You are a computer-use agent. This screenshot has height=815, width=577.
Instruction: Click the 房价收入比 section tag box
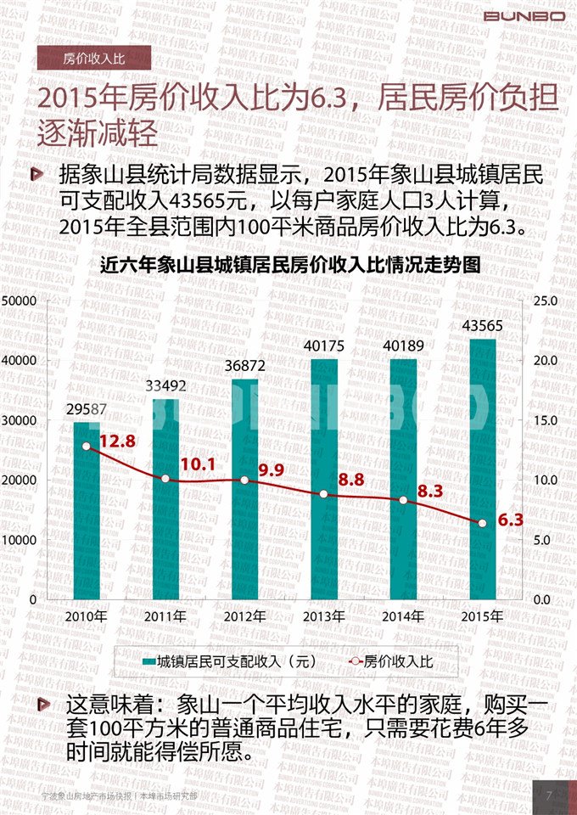(x=93, y=58)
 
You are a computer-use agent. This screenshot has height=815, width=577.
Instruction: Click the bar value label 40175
(x=323, y=346)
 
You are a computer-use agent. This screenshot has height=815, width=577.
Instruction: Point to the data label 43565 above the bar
(x=482, y=326)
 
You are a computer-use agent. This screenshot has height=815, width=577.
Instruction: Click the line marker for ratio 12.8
(x=87, y=447)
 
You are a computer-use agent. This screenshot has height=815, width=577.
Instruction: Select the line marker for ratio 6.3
(x=482, y=524)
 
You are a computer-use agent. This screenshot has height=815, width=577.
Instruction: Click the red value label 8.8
(x=350, y=480)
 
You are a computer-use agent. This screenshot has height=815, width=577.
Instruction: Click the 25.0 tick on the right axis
(x=544, y=301)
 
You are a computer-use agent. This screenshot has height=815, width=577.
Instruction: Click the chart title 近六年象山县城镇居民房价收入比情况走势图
(x=290, y=265)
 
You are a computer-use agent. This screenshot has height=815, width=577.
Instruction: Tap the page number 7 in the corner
(x=550, y=795)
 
